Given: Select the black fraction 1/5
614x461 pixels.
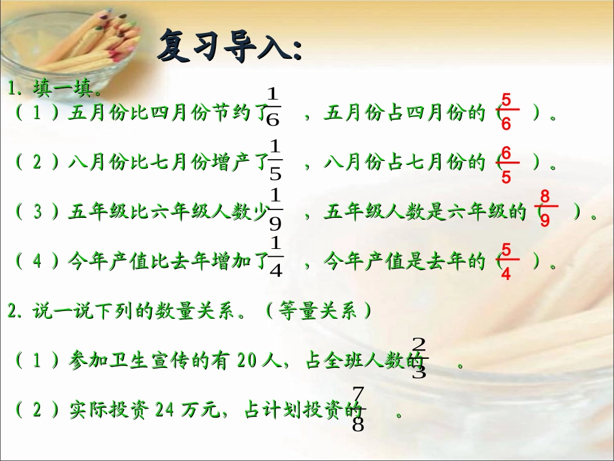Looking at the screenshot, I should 275,159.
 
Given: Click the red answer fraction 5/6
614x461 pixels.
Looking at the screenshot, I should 506,112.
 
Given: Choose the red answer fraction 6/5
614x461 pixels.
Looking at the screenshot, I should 506,164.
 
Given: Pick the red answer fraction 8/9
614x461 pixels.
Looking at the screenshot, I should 545,208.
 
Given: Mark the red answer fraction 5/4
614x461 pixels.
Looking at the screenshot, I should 506,261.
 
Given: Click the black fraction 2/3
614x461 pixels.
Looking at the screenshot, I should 419,358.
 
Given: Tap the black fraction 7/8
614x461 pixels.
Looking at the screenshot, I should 359,409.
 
